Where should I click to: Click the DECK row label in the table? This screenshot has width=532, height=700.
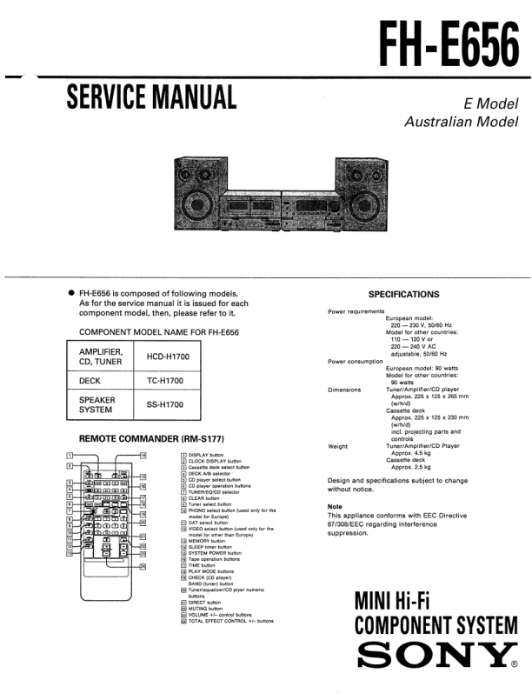pos(91,381)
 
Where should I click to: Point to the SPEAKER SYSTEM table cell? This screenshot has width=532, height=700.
pos(98,405)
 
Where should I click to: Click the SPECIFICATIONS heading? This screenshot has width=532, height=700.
pos(403,295)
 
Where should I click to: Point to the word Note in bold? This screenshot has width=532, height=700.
pos(335,506)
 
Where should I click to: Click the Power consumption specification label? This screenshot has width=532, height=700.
pos(356,361)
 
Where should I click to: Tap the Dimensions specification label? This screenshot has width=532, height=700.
pos(344,390)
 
